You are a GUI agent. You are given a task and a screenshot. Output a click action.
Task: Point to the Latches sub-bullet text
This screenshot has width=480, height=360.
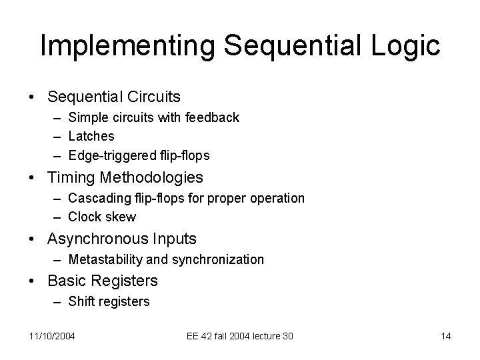point(91,136)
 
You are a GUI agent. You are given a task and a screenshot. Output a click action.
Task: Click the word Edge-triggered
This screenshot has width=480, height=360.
point(109,155)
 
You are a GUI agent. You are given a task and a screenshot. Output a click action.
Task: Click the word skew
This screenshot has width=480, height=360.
point(121,217)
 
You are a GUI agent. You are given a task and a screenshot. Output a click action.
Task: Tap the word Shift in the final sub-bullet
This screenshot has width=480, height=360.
point(81,301)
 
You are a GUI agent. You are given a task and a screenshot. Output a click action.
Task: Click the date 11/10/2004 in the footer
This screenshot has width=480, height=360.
point(52,336)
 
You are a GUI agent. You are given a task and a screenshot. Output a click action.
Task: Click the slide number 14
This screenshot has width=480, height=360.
point(446,336)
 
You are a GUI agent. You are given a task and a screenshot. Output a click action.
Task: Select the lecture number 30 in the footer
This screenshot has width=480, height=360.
point(287,336)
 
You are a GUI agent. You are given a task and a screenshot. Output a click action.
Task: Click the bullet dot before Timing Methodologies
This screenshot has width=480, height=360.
point(33,178)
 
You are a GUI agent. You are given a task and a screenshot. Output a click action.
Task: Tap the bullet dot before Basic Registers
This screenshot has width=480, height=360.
point(33,281)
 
